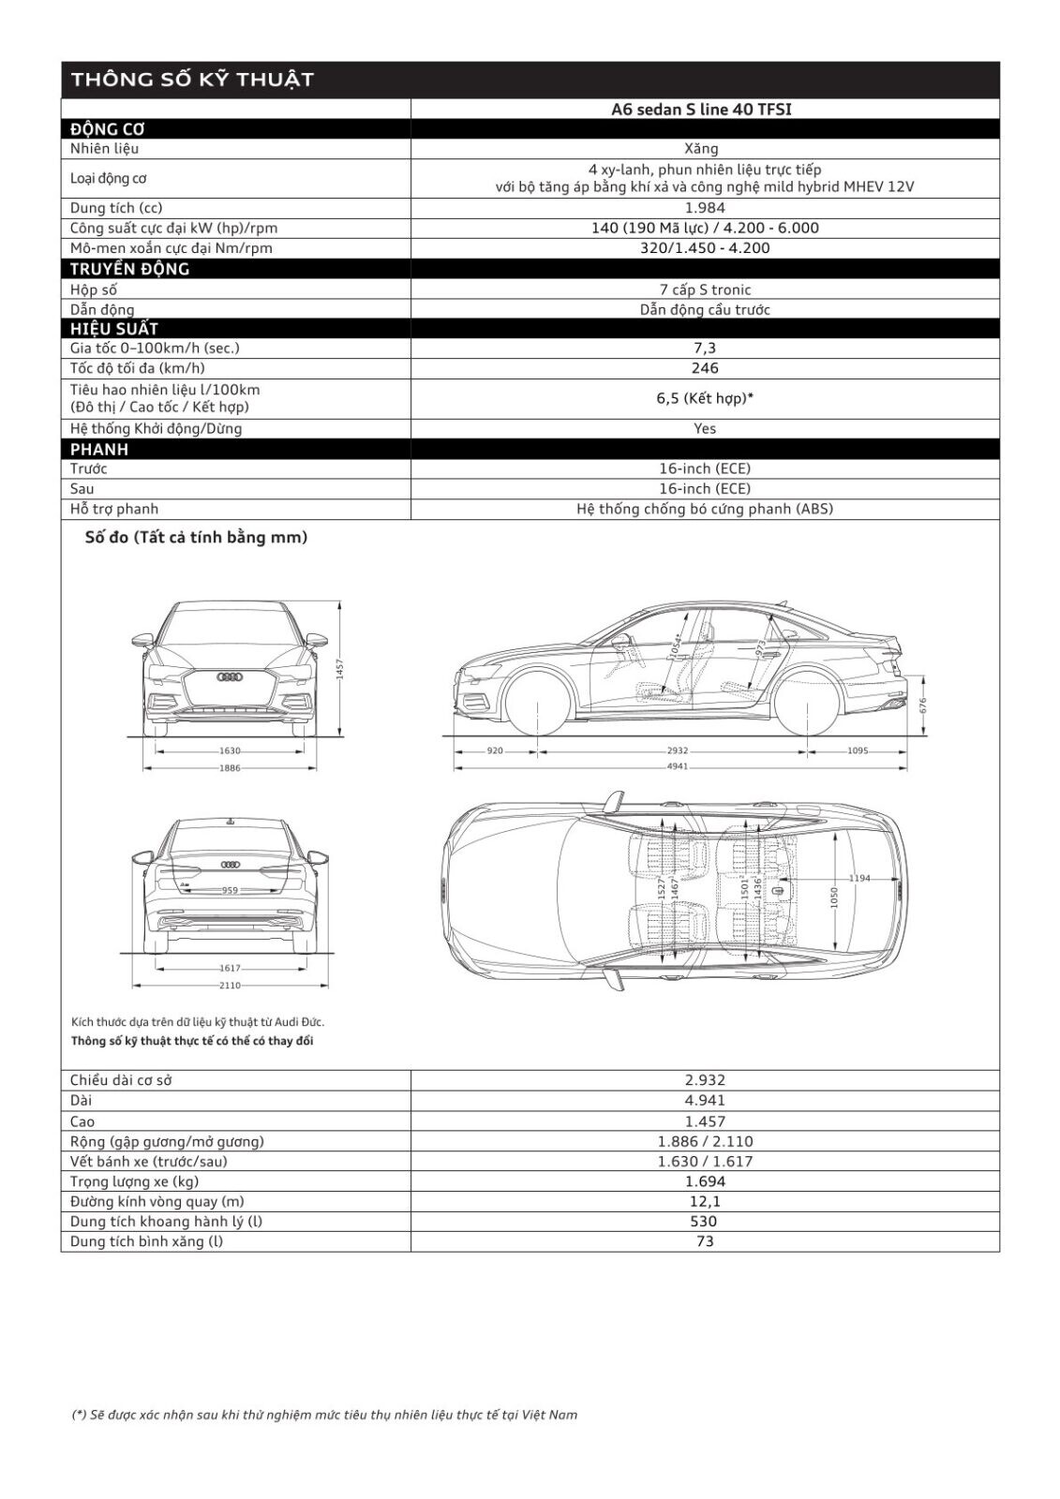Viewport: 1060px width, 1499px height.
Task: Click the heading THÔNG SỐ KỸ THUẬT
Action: pyautogui.click(x=192, y=80)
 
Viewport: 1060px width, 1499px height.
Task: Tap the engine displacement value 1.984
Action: pyautogui.click(x=704, y=208)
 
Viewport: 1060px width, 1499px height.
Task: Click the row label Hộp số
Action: pyautogui.click(x=94, y=289)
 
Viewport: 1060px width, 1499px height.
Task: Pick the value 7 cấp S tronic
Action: pyautogui.click(x=705, y=289)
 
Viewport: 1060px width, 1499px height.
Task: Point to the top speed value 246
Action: pyautogui.click(x=705, y=368)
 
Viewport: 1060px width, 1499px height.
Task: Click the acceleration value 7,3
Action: pyautogui.click(x=705, y=349)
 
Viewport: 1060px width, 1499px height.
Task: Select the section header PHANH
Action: pyautogui.click(x=99, y=449)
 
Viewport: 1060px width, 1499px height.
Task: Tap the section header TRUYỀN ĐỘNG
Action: pyautogui.click(x=130, y=269)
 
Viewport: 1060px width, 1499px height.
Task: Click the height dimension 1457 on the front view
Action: pyautogui.click(x=341, y=668)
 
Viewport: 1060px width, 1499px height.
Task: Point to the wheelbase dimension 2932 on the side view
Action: pyautogui.click(x=678, y=750)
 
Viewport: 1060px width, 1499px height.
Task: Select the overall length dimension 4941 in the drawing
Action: pyautogui.click(x=678, y=766)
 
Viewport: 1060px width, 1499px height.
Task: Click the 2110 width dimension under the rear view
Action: pyautogui.click(x=230, y=985)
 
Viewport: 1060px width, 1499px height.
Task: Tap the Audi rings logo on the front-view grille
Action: pyautogui.click(x=230, y=676)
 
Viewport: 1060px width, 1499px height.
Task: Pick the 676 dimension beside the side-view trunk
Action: pyautogui.click(x=923, y=705)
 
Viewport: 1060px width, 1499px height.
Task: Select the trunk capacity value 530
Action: pyautogui.click(x=704, y=1222)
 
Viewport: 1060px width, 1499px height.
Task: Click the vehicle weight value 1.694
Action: pyautogui.click(x=705, y=1181)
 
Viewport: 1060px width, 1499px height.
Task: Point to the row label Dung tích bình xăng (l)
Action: pyautogui.click(x=146, y=1241)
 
